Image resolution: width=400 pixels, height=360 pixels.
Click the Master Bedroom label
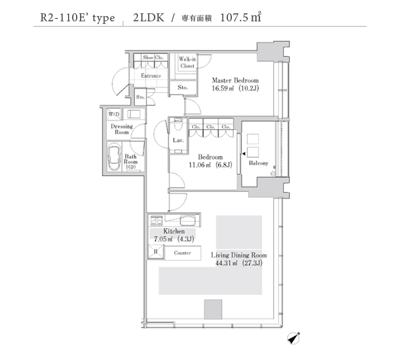click(235, 81)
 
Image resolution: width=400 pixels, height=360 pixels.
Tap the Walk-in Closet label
click(187, 62)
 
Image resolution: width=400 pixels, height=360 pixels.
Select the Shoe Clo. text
click(153, 57)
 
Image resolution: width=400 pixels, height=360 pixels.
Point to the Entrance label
click(151, 76)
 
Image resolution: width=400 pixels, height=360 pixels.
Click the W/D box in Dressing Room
click(114, 114)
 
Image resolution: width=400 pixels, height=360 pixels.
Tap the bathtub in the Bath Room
click(114, 157)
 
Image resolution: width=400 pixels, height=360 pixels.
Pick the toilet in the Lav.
click(178, 124)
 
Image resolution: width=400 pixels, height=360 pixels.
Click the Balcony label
click(259, 163)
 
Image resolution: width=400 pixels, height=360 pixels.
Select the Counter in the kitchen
click(183, 253)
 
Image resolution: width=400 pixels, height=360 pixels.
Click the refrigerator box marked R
click(155, 251)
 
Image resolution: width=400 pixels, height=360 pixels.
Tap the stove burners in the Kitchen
click(157, 221)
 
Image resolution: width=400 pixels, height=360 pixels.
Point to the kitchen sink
click(188, 220)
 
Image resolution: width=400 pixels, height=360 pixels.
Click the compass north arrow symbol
click(293, 339)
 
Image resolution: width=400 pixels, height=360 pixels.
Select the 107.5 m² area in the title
click(241, 17)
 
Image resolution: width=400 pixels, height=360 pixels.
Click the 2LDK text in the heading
click(149, 17)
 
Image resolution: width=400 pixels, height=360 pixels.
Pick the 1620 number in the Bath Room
click(131, 167)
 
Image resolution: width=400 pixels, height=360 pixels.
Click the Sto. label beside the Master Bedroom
click(183, 87)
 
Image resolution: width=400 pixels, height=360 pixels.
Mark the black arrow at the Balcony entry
click(243, 154)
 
